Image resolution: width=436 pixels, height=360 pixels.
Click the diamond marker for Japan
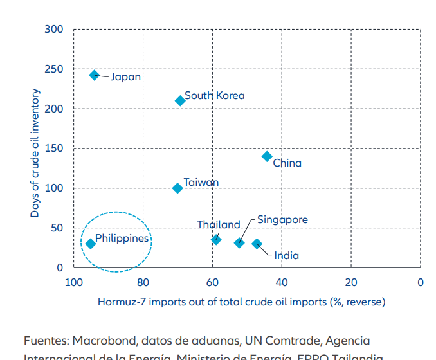95,75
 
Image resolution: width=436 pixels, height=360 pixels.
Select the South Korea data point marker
180,101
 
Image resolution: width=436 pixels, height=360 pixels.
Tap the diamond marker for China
267,156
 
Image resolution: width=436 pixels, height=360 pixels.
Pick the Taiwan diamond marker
177,188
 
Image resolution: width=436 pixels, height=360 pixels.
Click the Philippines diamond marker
91,244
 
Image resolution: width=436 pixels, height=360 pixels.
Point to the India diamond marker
257,244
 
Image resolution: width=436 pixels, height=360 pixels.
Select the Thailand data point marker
216,240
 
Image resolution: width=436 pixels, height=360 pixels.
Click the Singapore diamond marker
239,243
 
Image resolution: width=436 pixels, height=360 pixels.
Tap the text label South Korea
214,96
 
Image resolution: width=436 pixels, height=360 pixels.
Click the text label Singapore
282,219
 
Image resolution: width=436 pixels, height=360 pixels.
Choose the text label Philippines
122,239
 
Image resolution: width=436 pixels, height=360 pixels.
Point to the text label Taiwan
201,183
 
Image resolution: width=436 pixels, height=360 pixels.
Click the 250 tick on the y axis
55,69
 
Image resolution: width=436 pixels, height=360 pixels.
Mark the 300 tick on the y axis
55,30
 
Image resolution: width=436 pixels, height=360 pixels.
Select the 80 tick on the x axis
143,282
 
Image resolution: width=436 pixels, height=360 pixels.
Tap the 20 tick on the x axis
350,282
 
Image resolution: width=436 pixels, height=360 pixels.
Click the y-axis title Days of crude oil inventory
35,153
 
